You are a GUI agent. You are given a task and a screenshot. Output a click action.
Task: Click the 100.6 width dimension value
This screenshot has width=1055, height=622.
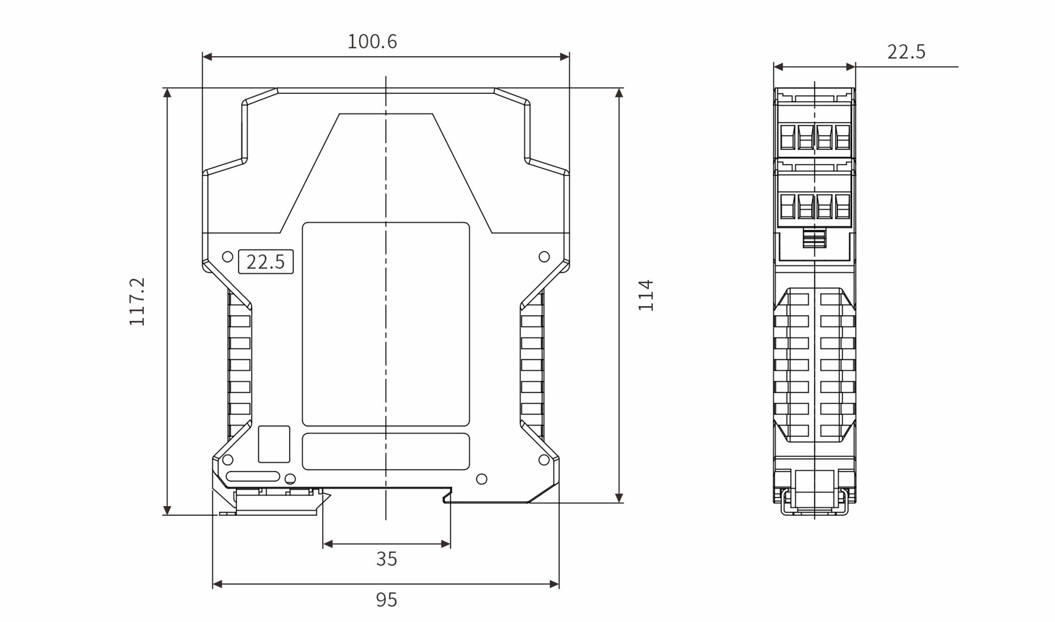click(372, 42)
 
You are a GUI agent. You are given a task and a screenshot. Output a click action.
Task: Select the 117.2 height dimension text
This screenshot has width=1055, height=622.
click(137, 302)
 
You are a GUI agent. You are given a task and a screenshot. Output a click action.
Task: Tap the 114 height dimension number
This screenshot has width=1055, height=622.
click(646, 296)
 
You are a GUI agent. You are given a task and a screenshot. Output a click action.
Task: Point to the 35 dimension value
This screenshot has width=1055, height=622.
click(386, 559)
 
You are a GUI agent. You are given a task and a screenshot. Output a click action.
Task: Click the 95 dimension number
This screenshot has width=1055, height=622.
click(386, 599)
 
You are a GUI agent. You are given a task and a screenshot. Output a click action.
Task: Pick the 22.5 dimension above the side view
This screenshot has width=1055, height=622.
click(906, 52)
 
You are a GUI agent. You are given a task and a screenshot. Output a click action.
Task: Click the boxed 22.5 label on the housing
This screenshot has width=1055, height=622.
click(265, 262)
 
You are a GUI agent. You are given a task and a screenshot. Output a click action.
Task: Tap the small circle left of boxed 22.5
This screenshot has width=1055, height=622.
click(227, 257)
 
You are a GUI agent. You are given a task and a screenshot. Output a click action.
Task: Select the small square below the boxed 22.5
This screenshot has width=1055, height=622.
click(274, 444)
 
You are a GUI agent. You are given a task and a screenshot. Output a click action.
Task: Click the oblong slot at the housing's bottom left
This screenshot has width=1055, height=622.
click(253, 476)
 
